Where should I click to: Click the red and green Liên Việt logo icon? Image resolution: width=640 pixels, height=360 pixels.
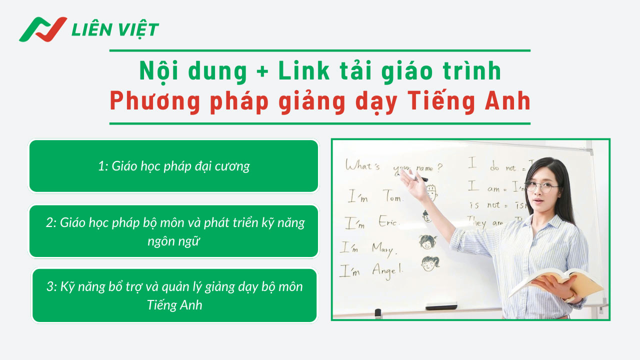pos(42,29)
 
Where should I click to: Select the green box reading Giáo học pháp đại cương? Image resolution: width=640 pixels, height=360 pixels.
pos(173,166)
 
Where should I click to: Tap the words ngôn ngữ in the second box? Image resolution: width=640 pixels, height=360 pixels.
pos(173,241)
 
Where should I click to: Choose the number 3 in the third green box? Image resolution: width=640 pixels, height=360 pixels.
pos(50,286)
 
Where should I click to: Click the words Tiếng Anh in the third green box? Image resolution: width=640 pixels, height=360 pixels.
pos(174,305)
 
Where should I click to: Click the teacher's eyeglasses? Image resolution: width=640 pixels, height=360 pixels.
pos(542,187)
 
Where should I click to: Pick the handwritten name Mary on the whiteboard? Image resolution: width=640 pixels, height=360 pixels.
pos(383,248)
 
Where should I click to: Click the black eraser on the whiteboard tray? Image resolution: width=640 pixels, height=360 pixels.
pos(440,305)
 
